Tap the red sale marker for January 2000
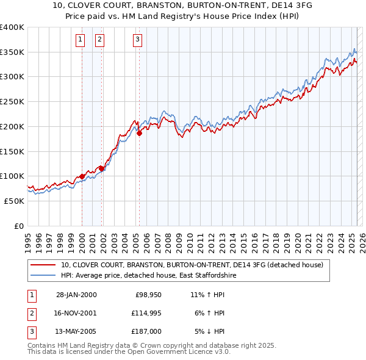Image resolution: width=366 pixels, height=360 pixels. point(82,177)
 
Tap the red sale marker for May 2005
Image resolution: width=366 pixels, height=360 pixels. point(139,132)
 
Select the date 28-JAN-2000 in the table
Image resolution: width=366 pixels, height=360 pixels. point(76,295)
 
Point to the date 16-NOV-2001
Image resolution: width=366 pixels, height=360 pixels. point(76,313)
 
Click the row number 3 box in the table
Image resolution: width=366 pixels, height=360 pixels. point(31,331)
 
